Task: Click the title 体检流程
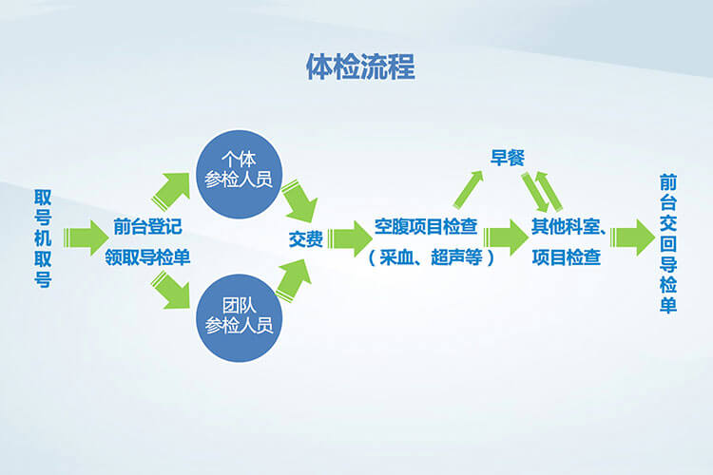click(360, 66)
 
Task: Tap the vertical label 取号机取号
click(43, 238)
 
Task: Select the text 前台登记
click(147, 226)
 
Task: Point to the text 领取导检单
click(147, 257)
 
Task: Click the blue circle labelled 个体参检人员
click(239, 175)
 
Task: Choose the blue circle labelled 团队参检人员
click(239, 318)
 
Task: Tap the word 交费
click(306, 239)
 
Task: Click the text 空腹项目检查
click(426, 226)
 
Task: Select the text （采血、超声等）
click(431, 257)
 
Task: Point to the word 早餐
click(508, 158)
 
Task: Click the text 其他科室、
click(568, 226)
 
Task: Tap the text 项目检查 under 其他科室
click(567, 257)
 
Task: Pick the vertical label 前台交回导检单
click(668, 243)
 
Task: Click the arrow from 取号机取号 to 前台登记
click(87, 237)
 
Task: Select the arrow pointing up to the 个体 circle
click(172, 191)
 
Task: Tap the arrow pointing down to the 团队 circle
click(172, 290)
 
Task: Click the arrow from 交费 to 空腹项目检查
click(350, 238)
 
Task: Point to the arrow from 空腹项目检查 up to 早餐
click(468, 190)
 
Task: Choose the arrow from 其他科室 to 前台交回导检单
click(632, 237)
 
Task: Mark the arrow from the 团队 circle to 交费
click(294, 281)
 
